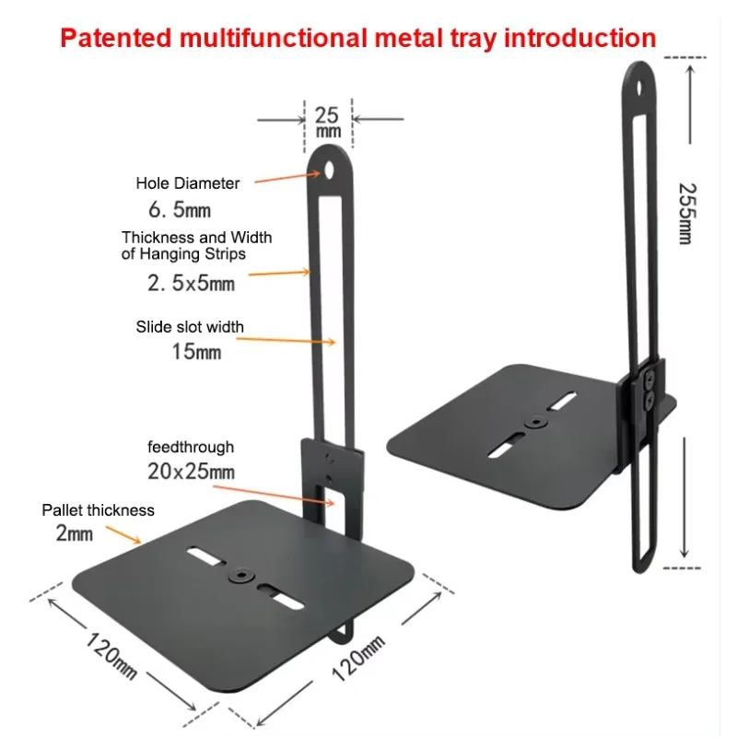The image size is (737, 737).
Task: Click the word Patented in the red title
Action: [116, 38]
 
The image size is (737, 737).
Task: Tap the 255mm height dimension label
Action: [687, 214]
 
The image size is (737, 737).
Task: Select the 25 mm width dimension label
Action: [328, 123]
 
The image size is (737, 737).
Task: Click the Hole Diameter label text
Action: [188, 182]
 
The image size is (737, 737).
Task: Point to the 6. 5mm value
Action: [180, 210]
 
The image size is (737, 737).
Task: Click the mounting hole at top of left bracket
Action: [329, 170]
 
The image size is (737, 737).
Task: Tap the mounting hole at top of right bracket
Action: [639, 88]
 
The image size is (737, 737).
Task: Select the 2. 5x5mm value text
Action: [191, 283]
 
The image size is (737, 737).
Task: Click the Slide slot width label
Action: [190, 327]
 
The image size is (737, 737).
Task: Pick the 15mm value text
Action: [196, 352]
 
